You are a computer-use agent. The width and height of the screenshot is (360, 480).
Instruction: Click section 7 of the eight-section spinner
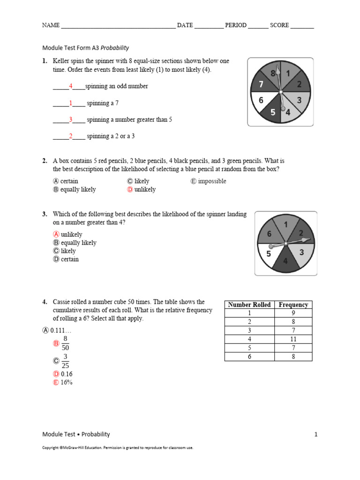(x=260, y=84)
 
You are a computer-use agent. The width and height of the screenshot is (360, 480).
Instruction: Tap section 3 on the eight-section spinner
(x=299, y=100)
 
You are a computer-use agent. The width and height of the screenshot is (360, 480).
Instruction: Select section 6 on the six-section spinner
(x=269, y=233)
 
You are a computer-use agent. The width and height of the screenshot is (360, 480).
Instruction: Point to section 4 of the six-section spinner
(x=285, y=261)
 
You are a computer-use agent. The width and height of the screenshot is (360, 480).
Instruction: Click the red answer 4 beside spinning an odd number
(x=70, y=86)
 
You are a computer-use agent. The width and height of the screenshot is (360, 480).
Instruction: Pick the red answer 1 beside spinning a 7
(x=70, y=103)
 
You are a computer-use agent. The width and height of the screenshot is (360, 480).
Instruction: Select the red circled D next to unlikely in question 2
(x=130, y=189)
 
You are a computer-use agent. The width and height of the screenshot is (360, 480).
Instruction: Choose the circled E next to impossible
(x=194, y=181)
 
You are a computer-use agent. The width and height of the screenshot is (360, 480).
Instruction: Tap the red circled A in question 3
(x=56, y=234)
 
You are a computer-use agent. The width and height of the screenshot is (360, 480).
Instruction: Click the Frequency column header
(x=293, y=305)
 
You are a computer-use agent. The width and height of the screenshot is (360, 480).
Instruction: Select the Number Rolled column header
(x=249, y=305)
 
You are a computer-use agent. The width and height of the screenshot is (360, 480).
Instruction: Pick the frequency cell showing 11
(x=293, y=339)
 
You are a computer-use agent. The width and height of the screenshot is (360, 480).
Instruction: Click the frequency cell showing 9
(x=293, y=313)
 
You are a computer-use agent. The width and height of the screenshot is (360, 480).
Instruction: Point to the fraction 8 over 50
(x=65, y=344)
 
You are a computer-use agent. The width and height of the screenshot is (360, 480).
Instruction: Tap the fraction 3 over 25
(x=65, y=361)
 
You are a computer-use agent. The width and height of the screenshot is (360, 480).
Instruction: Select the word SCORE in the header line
(x=279, y=25)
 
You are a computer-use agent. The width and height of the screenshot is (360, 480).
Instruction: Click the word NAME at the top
(x=51, y=25)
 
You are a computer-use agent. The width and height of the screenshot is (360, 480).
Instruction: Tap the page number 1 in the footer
(x=315, y=435)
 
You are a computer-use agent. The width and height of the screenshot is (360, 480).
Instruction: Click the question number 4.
(x=45, y=302)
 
